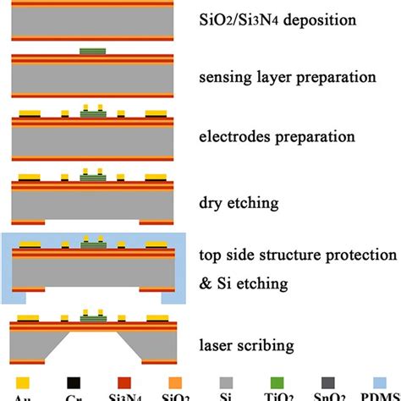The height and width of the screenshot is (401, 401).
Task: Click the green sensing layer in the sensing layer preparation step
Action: (x=94, y=52)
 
